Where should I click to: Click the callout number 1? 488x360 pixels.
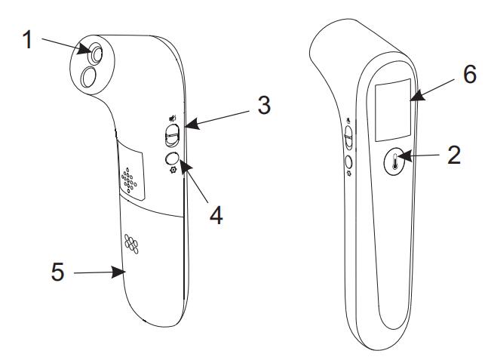28,39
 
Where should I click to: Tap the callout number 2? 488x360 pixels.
453,155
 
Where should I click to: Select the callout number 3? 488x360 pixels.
264,105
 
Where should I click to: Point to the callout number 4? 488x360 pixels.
216,215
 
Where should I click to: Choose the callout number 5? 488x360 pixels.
58,272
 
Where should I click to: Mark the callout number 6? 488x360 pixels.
470,74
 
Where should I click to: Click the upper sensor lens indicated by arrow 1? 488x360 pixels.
97,54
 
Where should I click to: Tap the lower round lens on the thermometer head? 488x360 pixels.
87,77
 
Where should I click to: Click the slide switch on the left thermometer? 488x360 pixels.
172,135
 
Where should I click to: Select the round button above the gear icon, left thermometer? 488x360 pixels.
172,158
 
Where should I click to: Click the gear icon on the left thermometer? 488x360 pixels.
173,170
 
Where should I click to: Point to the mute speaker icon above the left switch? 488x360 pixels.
173,118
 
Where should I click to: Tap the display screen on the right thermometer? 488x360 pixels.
393,110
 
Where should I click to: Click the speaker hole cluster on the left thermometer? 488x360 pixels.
128,180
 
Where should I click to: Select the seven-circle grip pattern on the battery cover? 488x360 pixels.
131,244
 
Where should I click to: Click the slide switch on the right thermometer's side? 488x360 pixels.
349,137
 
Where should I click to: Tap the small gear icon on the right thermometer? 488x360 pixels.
349,173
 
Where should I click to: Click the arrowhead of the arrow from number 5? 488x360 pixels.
118,272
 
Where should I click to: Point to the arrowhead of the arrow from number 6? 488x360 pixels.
418,95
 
